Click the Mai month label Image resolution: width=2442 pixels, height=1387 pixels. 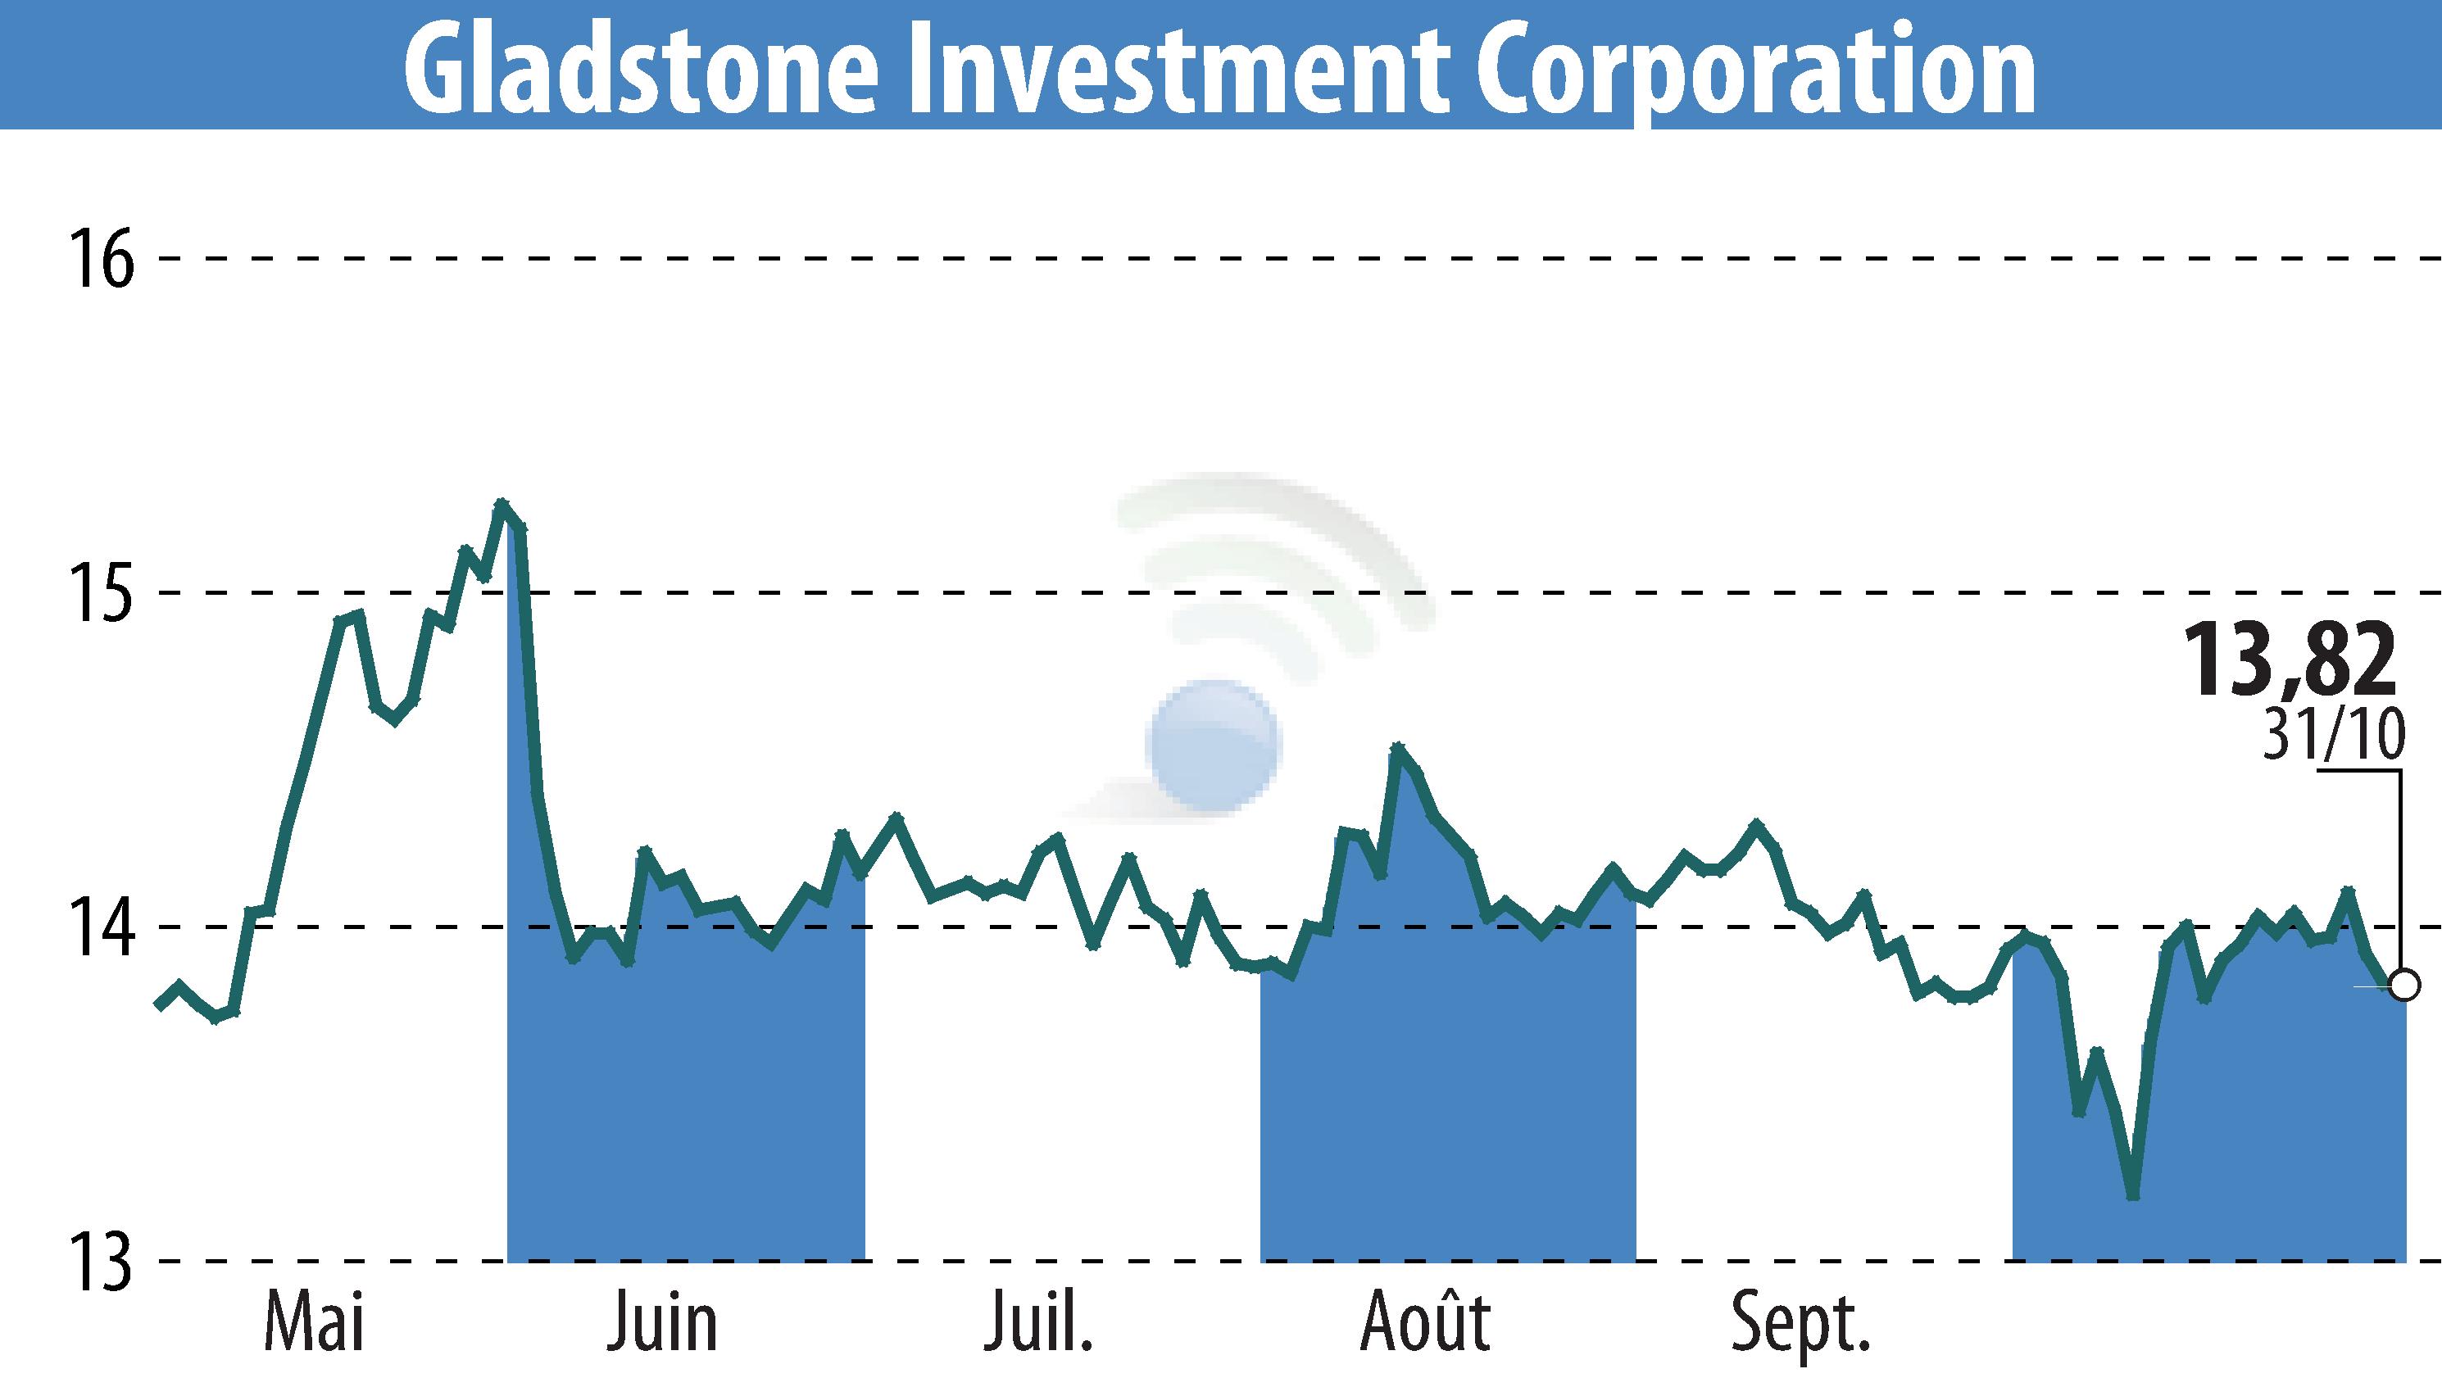tap(315, 1322)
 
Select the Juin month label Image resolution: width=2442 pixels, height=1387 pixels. tap(662, 1322)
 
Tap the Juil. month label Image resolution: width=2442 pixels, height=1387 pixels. tap(1038, 1322)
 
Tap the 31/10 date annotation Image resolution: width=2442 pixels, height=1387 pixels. tap(2331, 737)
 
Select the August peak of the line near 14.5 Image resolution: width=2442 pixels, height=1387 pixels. tap(1398, 747)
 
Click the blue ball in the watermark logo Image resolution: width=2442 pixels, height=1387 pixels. tap(1214, 745)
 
